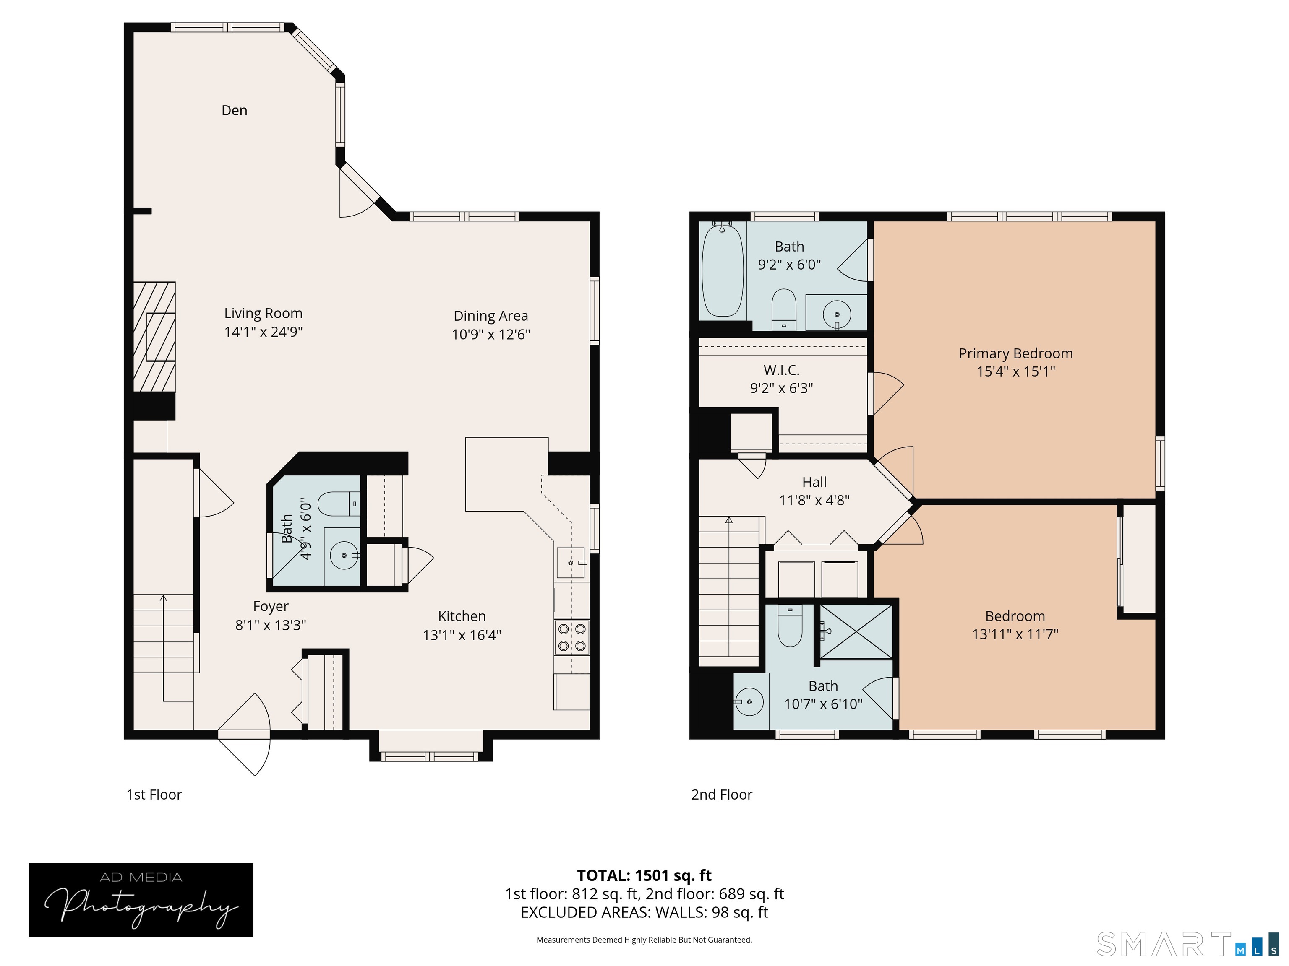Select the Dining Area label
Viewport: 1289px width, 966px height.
pyautogui.click(x=491, y=316)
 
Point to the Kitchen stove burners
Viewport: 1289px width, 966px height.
pyautogui.click(x=571, y=637)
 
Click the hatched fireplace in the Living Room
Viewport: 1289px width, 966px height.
pyautogui.click(x=154, y=337)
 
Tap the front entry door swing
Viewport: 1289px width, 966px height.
pyautogui.click(x=244, y=734)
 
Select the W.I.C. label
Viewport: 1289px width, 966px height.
pyautogui.click(x=781, y=370)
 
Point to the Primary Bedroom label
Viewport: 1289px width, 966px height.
pyautogui.click(x=1016, y=353)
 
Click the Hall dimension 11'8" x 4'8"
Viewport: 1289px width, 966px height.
pyautogui.click(x=814, y=500)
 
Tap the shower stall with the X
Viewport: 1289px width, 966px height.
pyautogui.click(x=856, y=632)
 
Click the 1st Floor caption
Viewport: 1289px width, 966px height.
pyautogui.click(x=154, y=795)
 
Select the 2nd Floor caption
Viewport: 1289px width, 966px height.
pyautogui.click(x=721, y=795)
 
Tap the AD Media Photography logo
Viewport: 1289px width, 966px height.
pyautogui.click(x=141, y=900)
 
